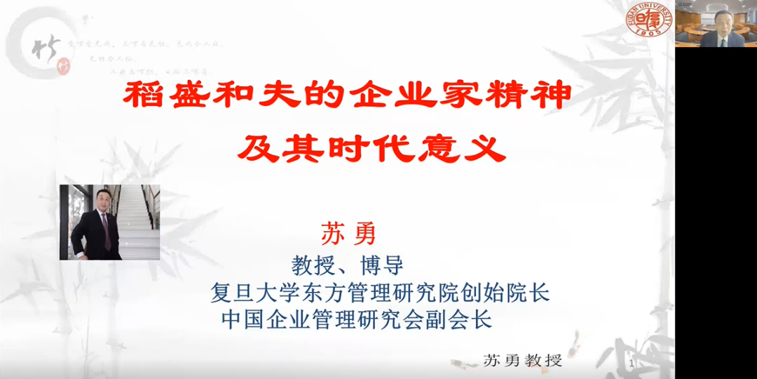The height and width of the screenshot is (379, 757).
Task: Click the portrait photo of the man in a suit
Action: (x=109, y=222)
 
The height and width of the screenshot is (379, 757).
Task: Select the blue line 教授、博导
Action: (x=348, y=266)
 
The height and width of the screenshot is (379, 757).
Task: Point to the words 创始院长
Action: (x=515, y=292)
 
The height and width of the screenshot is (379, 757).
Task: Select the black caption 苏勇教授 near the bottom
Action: (x=523, y=360)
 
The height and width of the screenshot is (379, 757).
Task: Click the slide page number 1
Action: (x=632, y=364)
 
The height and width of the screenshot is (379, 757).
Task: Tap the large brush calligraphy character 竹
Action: (x=46, y=48)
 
